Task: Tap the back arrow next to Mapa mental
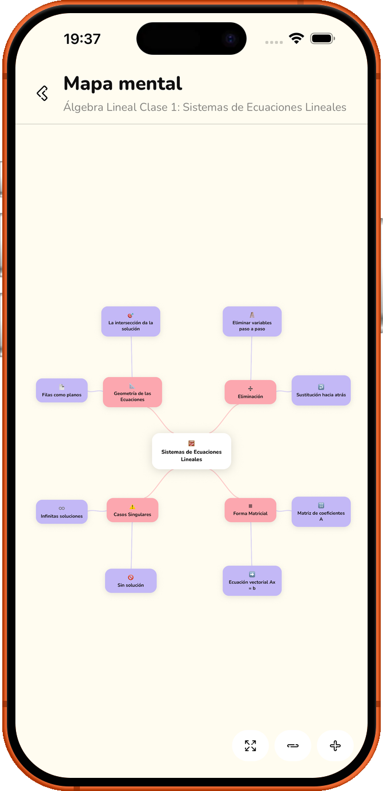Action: [42, 93]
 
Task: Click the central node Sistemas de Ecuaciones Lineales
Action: [192, 451]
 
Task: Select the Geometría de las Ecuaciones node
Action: [132, 392]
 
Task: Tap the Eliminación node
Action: [251, 392]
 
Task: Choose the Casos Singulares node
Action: [132, 510]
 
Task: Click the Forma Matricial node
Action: [251, 510]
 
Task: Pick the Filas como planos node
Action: [62, 390]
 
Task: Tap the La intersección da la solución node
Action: [131, 321]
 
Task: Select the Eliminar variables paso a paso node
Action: [252, 321]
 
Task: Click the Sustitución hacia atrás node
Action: [321, 390]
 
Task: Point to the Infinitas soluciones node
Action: [62, 512]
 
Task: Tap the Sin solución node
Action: [131, 580]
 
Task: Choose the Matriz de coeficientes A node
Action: [321, 512]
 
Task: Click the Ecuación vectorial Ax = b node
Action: [252, 580]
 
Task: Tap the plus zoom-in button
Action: [335, 745]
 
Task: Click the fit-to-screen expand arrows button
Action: [251, 745]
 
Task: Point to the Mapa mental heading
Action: [123, 84]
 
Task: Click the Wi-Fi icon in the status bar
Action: [296, 38]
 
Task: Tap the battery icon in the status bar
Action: [322, 38]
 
